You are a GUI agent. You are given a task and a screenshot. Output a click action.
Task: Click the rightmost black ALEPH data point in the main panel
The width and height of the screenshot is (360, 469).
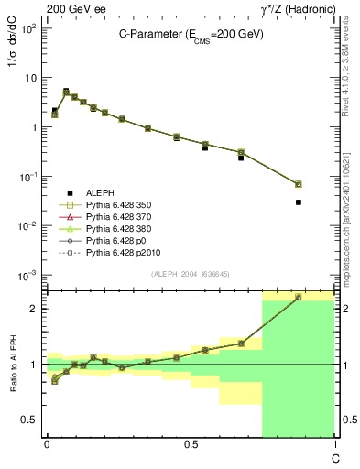(x=299, y=202)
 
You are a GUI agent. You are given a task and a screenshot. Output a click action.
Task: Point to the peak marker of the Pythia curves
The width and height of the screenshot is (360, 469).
(x=66, y=92)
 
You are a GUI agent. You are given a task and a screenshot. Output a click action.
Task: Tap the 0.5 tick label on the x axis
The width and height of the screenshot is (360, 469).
(x=191, y=443)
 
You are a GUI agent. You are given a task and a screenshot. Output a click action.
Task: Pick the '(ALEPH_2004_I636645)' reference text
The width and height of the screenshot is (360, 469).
(x=191, y=275)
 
